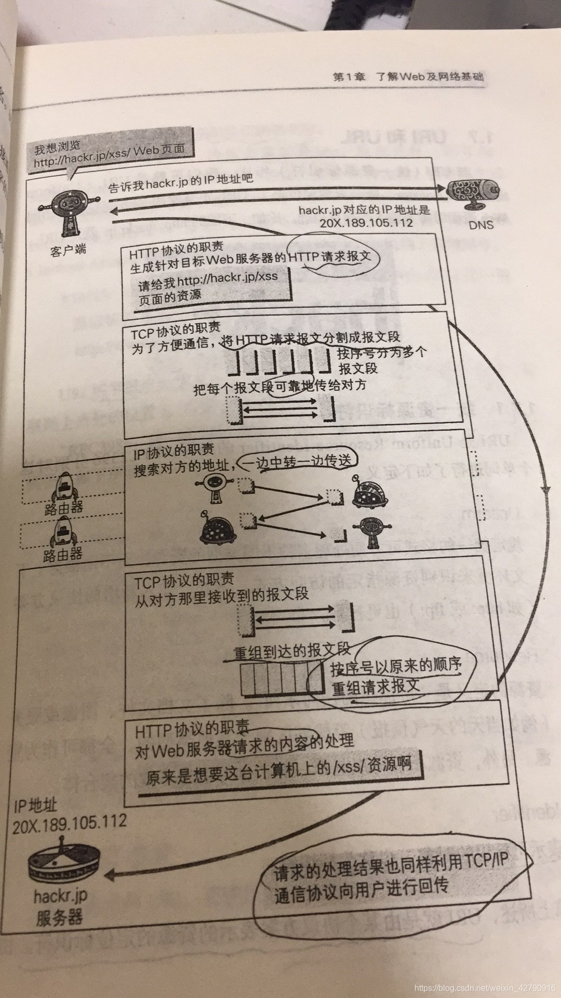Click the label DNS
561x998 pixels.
[480, 225]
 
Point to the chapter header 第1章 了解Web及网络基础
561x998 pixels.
[408, 77]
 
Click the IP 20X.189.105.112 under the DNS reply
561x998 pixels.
[366, 223]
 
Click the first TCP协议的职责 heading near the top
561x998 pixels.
[175, 330]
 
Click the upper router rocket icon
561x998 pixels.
[64, 485]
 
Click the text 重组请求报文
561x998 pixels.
[376, 687]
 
